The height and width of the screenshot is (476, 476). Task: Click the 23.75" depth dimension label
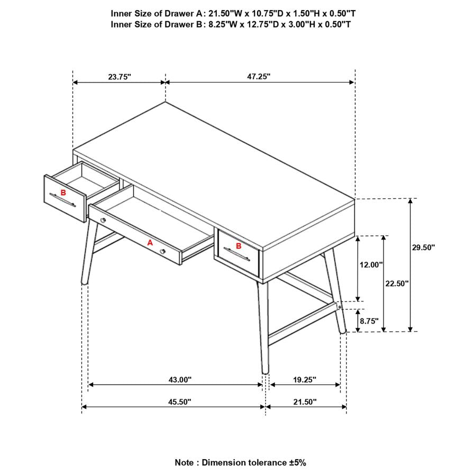pyautogui.click(x=120, y=77)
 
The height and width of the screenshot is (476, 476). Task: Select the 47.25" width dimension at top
pyautogui.click(x=259, y=76)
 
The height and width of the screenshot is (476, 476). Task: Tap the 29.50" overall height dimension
pyautogui.click(x=423, y=247)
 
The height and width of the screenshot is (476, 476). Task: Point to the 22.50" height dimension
pyautogui.click(x=397, y=283)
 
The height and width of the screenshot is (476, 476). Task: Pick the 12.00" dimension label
pyautogui.click(x=371, y=265)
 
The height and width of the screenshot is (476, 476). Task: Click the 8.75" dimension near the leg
pyautogui.click(x=369, y=321)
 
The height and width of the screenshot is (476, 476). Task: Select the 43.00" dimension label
pyautogui.click(x=180, y=379)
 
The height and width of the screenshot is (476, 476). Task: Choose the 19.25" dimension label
pyautogui.click(x=304, y=379)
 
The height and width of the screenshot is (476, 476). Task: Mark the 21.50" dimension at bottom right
pyautogui.click(x=305, y=402)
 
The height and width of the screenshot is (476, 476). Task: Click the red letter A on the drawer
pyautogui.click(x=150, y=242)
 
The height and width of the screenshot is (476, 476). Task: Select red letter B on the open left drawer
pyautogui.click(x=63, y=193)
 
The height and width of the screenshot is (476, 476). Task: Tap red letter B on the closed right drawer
pyautogui.click(x=239, y=245)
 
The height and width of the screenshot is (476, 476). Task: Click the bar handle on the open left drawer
pyautogui.click(x=63, y=200)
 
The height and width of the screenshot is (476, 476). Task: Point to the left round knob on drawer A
pyautogui.click(x=103, y=219)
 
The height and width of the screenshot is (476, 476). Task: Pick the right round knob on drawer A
pyautogui.click(x=163, y=251)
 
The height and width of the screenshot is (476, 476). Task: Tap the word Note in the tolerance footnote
pyautogui.click(x=185, y=462)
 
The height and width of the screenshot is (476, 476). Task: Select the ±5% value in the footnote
pyautogui.click(x=297, y=462)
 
